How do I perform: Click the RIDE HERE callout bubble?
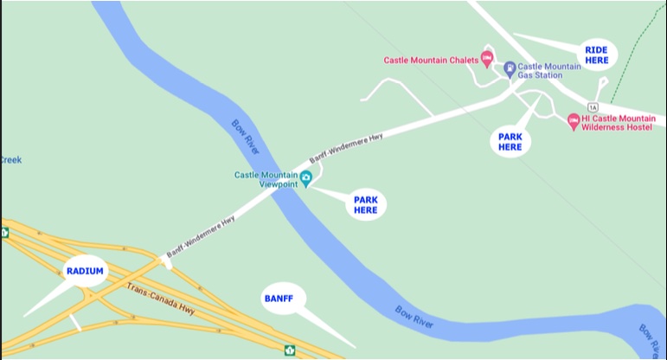pyautogui.click(x=596, y=55)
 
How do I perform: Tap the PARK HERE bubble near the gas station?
pyautogui.click(x=510, y=142)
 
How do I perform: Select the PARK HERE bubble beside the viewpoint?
pyautogui.click(x=366, y=205)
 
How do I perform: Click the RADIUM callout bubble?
pyautogui.click(x=85, y=271)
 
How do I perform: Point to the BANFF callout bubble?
pyautogui.click(x=279, y=299)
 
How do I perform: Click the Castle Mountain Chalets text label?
pyautogui.click(x=430, y=61)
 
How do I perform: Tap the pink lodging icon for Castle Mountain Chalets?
pyautogui.click(x=486, y=59)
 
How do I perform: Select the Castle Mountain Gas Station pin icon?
pyautogui.click(x=510, y=67)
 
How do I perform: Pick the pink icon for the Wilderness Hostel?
pyautogui.click(x=573, y=121)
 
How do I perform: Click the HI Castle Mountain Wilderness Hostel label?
pyautogui.click(x=619, y=122)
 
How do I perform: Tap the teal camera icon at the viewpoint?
pyautogui.click(x=305, y=177)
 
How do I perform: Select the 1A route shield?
pyautogui.click(x=593, y=107)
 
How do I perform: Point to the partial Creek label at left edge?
pyautogui.click(x=10, y=160)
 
